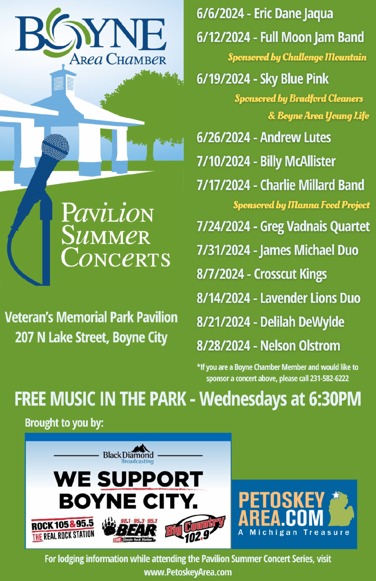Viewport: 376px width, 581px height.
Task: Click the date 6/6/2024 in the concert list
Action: (x=220, y=14)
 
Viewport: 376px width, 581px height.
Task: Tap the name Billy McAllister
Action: (x=298, y=162)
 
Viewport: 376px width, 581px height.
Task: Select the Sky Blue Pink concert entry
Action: (x=263, y=79)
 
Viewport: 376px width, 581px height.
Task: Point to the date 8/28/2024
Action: (x=223, y=346)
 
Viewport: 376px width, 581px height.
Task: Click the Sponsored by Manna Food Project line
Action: (x=301, y=205)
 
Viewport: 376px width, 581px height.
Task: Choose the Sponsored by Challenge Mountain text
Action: (x=297, y=57)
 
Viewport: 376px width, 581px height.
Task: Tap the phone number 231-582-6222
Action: (x=329, y=378)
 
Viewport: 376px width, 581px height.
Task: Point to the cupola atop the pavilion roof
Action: (x=63, y=80)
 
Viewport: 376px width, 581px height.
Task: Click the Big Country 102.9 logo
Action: (x=195, y=529)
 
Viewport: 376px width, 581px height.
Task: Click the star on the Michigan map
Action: (x=336, y=495)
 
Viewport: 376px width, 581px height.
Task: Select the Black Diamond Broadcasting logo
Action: (x=128, y=454)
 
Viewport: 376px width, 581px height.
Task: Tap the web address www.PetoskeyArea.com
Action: (x=188, y=572)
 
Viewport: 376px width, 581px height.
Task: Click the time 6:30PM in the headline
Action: (x=335, y=399)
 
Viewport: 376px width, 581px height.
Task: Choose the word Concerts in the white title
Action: (x=116, y=257)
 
